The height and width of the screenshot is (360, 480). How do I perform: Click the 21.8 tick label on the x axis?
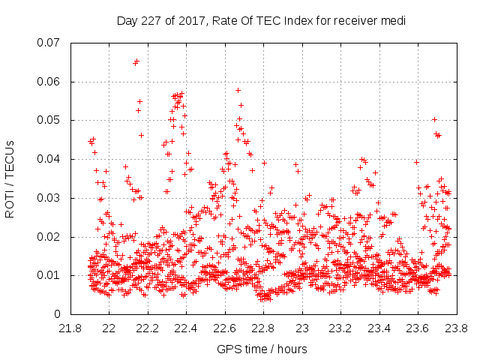point(70,328)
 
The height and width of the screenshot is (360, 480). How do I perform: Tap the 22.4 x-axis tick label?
point(186,328)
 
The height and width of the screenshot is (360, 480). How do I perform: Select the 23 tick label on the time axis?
point(301,328)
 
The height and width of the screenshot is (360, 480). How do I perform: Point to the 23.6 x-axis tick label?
point(417,328)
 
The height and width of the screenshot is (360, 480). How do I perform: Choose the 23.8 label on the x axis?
point(456,328)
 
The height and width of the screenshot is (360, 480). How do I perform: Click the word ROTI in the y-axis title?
point(10,204)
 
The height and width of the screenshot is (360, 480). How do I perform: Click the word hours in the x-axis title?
point(292,349)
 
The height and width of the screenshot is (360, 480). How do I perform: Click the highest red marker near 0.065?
point(136,61)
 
